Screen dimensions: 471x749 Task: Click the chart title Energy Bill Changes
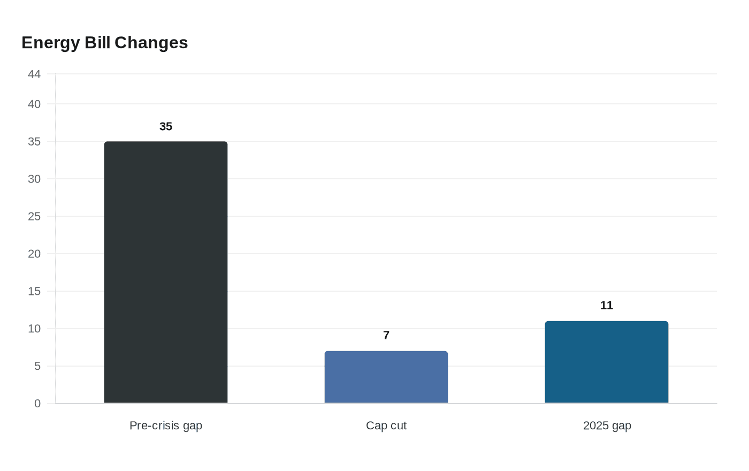(x=105, y=43)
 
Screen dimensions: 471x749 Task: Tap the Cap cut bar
(x=386, y=377)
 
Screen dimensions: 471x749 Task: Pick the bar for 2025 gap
(x=607, y=362)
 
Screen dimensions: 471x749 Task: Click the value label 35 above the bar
(x=166, y=127)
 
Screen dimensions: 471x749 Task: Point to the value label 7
(x=386, y=336)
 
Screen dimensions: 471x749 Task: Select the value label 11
(x=607, y=306)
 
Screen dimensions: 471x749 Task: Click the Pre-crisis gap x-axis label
(x=166, y=426)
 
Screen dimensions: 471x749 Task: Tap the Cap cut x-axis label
(x=386, y=426)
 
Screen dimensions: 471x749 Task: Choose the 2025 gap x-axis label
(x=607, y=426)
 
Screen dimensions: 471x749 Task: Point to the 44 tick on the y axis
(x=34, y=74)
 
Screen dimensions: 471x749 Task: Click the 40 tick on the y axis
(x=34, y=104)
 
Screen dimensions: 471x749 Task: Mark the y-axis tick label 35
(x=34, y=142)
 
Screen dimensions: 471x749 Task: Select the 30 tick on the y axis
(x=34, y=179)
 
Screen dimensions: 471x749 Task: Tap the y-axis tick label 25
(x=34, y=217)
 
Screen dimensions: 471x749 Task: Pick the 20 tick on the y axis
(x=34, y=254)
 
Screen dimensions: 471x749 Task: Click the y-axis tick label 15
(x=34, y=292)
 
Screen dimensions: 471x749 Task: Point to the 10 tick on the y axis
(x=34, y=329)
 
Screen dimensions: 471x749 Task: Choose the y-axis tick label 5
(x=37, y=367)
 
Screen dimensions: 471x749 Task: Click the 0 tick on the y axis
(x=37, y=404)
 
